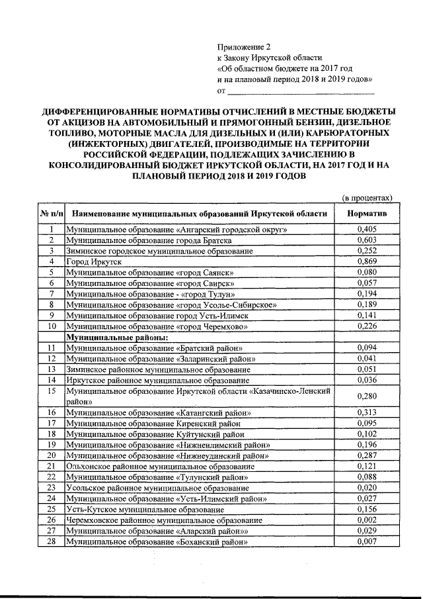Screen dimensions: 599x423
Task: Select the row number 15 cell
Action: point(50,391)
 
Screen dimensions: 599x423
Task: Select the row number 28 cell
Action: point(50,542)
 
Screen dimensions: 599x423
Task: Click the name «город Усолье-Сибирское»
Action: point(224,305)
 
